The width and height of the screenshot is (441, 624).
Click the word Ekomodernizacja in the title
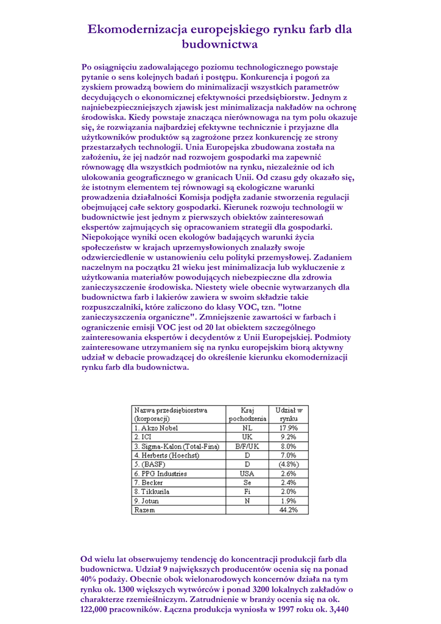tap(137, 29)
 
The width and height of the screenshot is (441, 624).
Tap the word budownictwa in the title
tap(220, 44)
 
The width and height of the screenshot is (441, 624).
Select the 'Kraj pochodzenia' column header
tap(247, 414)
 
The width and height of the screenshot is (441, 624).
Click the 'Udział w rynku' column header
tap(288, 414)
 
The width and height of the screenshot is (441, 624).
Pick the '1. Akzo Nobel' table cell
tap(157, 428)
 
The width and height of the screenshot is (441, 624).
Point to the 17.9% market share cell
tap(288, 428)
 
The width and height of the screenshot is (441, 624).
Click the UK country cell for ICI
tap(247, 437)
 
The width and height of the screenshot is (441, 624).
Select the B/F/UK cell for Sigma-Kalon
tap(247, 446)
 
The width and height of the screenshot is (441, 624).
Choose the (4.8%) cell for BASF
tap(288, 464)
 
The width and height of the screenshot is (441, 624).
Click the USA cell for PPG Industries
tap(247, 473)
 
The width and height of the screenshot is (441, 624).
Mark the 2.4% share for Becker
tap(288, 483)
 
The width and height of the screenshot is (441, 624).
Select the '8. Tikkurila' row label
tap(152, 491)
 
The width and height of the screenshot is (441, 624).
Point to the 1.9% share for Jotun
tap(288, 500)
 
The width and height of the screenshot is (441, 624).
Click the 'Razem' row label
tap(144, 509)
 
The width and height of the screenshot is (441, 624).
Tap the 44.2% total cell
tap(288, 509)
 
